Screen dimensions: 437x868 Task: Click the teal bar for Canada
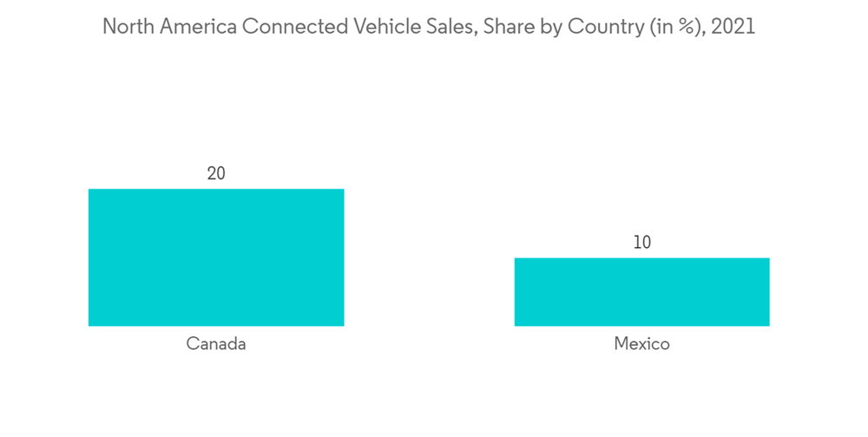[216, 258]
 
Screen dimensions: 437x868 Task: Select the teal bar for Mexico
[641, 292]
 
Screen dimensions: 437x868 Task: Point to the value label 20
[216, 173]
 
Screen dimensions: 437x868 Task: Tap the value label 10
[641, 243]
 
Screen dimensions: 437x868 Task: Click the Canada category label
[216, 344]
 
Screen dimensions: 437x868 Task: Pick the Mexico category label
[641, 344]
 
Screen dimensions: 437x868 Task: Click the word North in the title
[125, 27]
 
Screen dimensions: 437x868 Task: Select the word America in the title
[195, 27]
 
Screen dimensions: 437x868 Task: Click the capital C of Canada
[192, 344]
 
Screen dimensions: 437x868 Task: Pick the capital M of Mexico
[621, 344]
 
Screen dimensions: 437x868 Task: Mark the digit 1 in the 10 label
[636, 243]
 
